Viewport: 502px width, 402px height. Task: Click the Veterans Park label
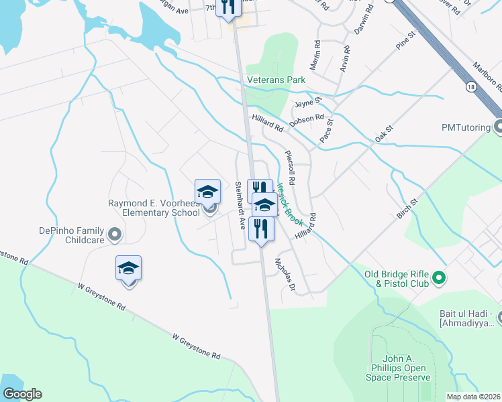point(276,80)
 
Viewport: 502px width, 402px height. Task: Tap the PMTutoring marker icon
point(498,126)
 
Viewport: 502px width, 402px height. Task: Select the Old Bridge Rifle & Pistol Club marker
point(440,277)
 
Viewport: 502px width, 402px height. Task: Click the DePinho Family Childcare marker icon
point(114,234)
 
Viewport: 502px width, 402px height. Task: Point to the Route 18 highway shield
point(471,86)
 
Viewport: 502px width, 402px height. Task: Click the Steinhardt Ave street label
point(240,206)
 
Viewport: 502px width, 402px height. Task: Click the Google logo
point(22,394)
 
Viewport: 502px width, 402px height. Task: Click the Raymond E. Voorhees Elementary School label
point(154,209)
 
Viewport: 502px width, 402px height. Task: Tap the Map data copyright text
point(473,397)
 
